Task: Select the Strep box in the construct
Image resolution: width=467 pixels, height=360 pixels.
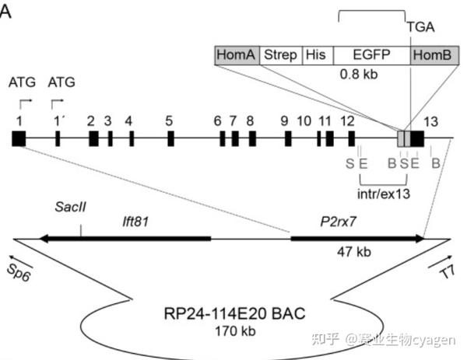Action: point(281,54)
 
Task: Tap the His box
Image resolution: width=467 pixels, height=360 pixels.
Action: point(316,54)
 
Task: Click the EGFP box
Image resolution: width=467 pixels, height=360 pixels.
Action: point(370,54)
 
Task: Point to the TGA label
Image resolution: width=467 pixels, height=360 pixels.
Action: point(420,26)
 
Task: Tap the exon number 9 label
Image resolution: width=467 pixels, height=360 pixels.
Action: point(284,121)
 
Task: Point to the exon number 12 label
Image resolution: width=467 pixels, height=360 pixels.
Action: point(348,121)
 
